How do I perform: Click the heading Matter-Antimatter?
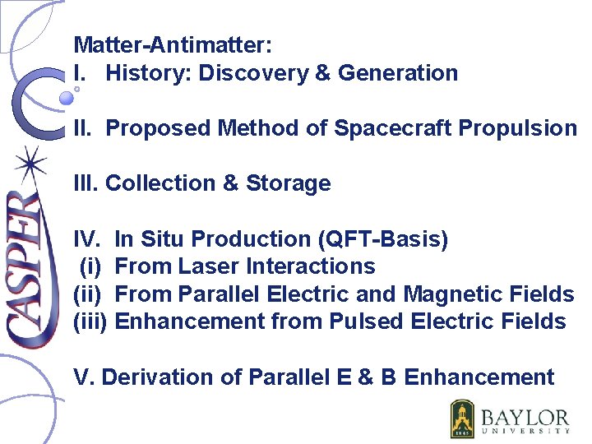[x=173, y=44]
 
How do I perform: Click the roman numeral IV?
[x=86, y=239]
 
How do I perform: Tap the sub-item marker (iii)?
[x=90, y=321]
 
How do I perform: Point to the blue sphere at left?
[x=67, y=99]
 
